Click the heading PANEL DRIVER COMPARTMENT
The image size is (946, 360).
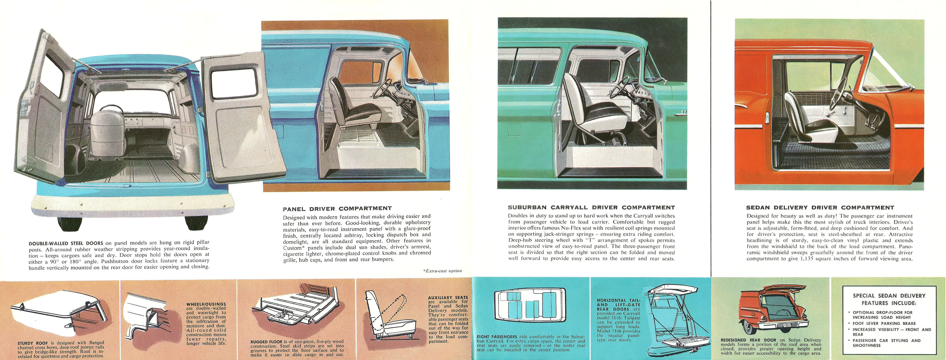coord(337,209)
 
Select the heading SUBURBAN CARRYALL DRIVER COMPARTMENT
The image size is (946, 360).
coord(591,208)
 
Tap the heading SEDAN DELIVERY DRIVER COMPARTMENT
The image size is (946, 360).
coord(820,208)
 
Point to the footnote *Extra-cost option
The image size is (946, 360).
coord(442,271)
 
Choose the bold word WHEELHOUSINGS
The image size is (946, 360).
coord(206,304)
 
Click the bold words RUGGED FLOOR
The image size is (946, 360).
coord(266,342)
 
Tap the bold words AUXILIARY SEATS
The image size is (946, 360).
coord(448,298)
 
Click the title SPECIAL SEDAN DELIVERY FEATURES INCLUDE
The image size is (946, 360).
coord(888,299)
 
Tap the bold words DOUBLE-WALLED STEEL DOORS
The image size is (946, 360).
coord(66,243)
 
